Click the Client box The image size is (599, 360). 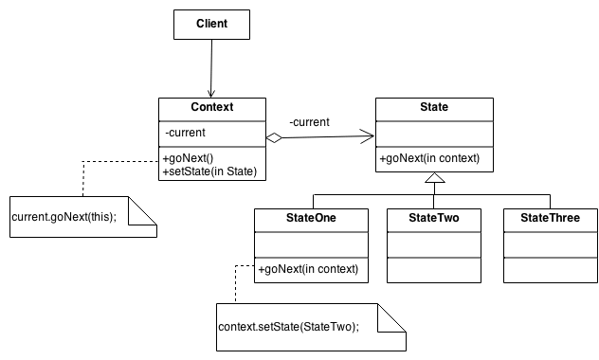point(211,25)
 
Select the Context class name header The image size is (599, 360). point(211,108)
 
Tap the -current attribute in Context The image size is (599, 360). point(186,132)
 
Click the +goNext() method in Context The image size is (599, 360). point(190,157)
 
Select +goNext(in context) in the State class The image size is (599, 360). point(429,158)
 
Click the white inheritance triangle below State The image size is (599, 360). point(434,178)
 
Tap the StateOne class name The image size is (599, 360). point(311,218)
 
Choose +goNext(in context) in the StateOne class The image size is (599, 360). point(308,269)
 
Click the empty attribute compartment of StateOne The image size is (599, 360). point(311,243)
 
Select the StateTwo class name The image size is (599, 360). point(435,218)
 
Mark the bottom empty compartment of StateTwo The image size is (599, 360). point(435,269)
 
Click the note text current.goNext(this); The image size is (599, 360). point(64,218)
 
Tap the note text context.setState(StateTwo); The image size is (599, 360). point(289,327)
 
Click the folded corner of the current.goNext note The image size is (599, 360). point(143,209)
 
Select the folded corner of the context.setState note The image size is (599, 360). point(391,317)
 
